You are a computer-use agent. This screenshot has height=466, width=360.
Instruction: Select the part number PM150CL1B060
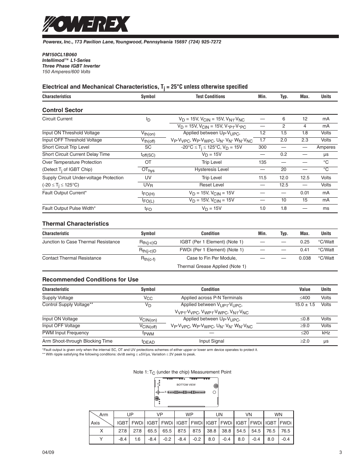(59, 55)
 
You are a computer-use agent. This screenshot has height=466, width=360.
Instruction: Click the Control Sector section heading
(62, 110)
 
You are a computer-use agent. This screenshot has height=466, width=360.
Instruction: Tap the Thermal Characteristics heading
(75, 224)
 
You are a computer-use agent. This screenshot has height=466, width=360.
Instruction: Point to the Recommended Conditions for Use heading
(90, 280)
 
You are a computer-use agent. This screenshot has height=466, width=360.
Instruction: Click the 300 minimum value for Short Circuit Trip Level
(262, 147)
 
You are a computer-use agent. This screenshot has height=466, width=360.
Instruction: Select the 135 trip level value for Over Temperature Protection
(262, 162)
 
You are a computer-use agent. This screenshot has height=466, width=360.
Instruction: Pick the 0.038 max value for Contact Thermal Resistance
(305, 258)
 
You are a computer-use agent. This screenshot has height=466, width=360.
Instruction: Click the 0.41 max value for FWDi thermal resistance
(305, 250)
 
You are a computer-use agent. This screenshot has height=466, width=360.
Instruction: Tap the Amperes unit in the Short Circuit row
(326, 147)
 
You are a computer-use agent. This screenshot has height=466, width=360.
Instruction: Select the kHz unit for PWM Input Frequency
(326, 333)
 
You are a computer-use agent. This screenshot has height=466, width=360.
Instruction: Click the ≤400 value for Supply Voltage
(305, 298)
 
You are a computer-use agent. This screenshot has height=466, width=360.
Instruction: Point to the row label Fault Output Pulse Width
(69, 208)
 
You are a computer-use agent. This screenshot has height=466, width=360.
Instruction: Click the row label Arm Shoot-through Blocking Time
(77, 341)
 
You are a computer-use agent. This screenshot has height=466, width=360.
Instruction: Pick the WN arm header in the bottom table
(278, 414)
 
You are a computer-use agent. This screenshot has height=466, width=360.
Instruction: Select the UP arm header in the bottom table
(130, 414)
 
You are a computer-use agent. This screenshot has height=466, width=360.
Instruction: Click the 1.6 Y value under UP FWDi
(137, 439)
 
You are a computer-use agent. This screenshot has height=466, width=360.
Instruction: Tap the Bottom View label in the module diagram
(186, 385)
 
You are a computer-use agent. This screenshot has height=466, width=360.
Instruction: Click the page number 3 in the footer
(340, 453)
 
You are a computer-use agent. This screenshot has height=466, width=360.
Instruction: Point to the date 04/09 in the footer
(48, 453)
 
